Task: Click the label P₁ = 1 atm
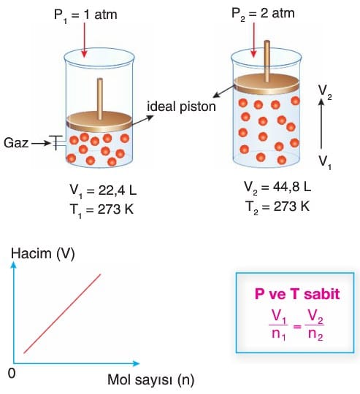pos(85,15)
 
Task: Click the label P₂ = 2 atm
pos(263,14)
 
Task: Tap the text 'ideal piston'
pos(181,107)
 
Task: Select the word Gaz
pos(16,143)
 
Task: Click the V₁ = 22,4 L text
pos(103,191)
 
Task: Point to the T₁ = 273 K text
pos(102,210)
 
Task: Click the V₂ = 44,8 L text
pos(277,188)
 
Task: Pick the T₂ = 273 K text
pos(277,207)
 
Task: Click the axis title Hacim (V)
pos(43,254)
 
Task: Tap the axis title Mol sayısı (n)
pos(151,379)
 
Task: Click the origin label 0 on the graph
pos(12,374)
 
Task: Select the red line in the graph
pos(62,314)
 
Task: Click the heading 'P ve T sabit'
pos(297,294)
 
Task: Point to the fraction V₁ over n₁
pos(278,325)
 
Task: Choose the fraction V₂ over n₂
pos(315,325)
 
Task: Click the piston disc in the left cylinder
pos(99,121)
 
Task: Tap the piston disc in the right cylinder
pos(267,84)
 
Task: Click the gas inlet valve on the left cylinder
pos(58,143)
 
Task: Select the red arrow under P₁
pos(84,40)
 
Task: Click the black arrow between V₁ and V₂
pos(321,123)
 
